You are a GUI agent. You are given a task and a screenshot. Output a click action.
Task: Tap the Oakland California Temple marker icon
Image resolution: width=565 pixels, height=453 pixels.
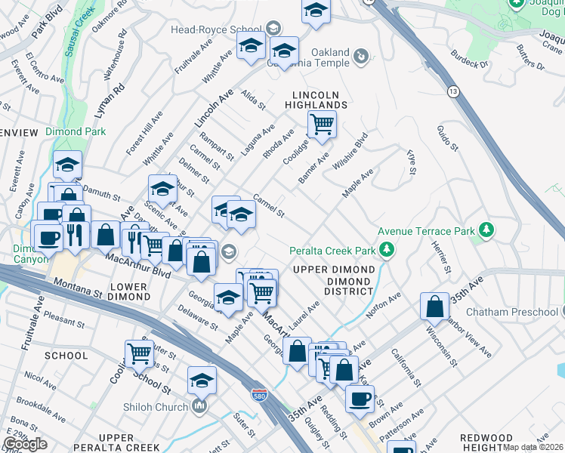pos(360,55)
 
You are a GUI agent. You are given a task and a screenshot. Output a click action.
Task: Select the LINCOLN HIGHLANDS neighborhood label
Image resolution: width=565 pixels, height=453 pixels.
pos(317,100)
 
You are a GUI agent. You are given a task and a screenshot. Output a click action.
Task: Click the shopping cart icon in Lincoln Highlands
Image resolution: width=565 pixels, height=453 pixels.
pos(322,124)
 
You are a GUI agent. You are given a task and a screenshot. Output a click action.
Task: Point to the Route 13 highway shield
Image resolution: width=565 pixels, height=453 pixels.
pos(453,91)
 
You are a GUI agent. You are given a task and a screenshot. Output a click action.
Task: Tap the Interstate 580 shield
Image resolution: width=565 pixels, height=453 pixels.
pos(258,393)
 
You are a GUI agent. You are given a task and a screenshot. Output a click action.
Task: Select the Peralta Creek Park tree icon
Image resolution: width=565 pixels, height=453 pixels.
pos(387,248)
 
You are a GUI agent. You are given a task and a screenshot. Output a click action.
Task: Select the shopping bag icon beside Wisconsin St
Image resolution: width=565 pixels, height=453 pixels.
pos(434,307)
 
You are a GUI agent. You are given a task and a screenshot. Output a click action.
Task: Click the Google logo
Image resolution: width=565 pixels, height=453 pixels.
pos(25,444)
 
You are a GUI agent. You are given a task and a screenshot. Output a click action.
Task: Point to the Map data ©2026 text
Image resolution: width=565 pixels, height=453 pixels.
pos(533,447)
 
